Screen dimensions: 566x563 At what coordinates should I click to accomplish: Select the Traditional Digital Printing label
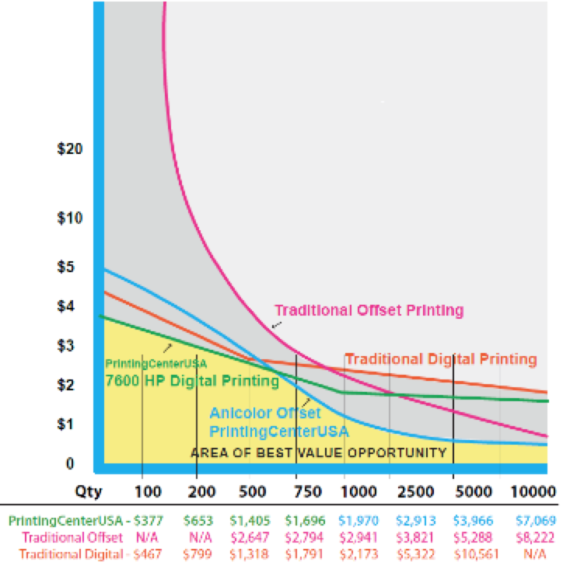coord(441,359)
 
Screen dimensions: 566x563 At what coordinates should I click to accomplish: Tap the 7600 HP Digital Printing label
coord(191,381)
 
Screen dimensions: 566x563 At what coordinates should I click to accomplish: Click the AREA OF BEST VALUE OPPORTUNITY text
coord(319,452)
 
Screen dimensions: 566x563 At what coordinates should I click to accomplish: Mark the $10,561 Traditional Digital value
coord(473,554)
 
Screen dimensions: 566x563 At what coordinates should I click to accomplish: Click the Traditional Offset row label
coord(73,536)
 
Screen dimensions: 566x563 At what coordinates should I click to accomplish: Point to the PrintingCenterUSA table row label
coord(64,519)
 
